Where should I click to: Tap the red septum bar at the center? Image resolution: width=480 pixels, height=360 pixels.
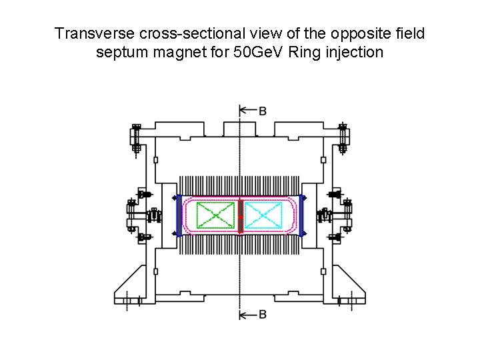pos(240,215)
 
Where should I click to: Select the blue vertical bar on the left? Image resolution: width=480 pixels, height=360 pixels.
pos(178,215)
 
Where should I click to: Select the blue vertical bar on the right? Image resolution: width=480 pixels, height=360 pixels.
pos(302,215)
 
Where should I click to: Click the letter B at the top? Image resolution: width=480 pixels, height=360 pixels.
pos(263,111)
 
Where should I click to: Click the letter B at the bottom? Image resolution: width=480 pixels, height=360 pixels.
pos(263,314)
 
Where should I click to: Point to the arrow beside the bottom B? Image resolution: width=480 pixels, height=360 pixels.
pos(247,314)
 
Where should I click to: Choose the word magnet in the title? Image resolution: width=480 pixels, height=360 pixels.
pos(176,51)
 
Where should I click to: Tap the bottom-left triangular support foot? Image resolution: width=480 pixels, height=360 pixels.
pos(133,283)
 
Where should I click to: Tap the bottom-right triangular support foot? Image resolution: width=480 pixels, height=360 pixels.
pos(347,283)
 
